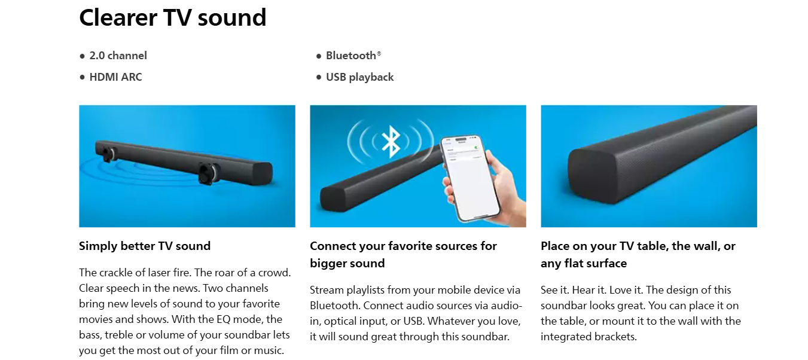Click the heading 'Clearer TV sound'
pyautogui.click(x=172, y=18)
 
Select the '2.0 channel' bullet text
pyautogui.click(x=118, y=56)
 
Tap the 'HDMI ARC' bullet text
pyautogui.click(x=115, y=77)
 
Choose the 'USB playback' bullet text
pyautogui.click(x=359, y=77)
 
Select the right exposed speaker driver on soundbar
pyautogui.click(x=209, y=173)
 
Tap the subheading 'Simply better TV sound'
pyautogui.click(x=145, y=246)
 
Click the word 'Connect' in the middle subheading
pyautogui.click(x=333, y=246)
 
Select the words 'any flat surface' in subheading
pyautogui.click(x=584, y=263)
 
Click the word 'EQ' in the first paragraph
pyautogui.click(x=223, y=319)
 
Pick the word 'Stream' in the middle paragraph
pyautogui.click(x=327, y=290)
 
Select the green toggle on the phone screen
pyautogui.click(x=477, y=147)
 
